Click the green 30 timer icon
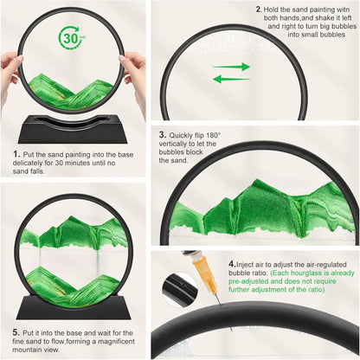[x=72, y=39]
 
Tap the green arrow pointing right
[x=232, y=67]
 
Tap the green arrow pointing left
[x=231, y=79]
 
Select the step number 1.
[x=16, y=154]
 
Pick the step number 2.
[x=259, y=10]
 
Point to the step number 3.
[x=163, y=134]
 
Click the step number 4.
[x=232, y=264]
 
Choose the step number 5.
[x=16, y=332]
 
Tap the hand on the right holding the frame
[x=136, y=80]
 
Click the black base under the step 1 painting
[x=73, y=129]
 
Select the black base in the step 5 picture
[x=74, y=307]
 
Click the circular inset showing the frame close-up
[x=179, y=290]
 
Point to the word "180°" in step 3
[x=214, y=135]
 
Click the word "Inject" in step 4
[x=244, y=265]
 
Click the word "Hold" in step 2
[x=271, y=10]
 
